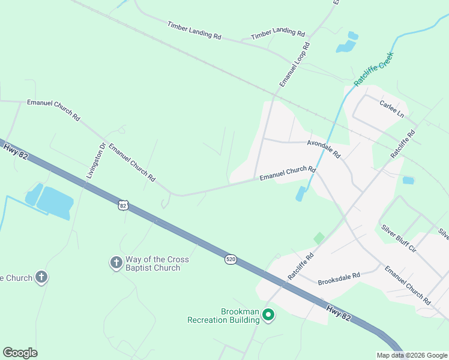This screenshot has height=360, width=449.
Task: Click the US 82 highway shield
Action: tap(123, 205)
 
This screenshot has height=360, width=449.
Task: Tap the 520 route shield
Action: tap(231, 259)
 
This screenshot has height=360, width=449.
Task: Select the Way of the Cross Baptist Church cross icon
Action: tap(116, 262)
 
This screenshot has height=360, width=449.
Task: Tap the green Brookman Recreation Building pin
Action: tap(269, 314)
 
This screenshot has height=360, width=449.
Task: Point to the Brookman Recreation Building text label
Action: tap(223, 316)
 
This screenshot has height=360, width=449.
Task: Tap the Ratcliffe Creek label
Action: tap(373, 70)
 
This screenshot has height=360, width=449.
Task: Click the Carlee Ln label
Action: tap(392, 109)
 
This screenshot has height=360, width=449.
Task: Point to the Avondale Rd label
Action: tap(324, 149)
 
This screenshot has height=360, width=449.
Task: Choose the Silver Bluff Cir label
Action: tap(399, 238)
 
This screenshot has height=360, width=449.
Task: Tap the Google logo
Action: tap(20, 352)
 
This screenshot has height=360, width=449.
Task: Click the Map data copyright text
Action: tap(411, 355)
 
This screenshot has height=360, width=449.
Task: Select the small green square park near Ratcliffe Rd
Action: tap(319, 238)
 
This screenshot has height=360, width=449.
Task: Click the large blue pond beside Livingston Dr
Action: tap(55, 200)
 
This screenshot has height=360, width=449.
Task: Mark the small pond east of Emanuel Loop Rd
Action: tap(346, 46)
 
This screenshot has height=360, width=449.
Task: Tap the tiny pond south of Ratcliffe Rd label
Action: tap(408, 180)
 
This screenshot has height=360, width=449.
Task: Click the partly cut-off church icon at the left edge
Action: tap(40, 277)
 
